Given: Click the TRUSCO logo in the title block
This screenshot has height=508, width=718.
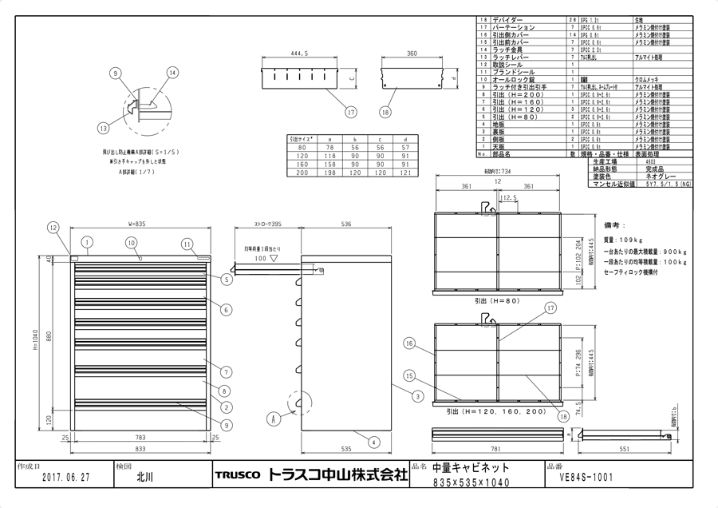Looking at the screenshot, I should point(237,476).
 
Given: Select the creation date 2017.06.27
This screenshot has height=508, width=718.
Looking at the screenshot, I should point(63,476).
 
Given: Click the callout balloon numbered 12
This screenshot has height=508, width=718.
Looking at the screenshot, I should point(53,227).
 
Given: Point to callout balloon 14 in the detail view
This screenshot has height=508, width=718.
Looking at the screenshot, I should point(172,73).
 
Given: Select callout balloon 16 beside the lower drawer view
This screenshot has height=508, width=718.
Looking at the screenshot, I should point(408,343).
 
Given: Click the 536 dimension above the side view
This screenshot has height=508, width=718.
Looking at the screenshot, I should point(346,224).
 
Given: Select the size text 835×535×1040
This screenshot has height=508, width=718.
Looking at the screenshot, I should point(467,482).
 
